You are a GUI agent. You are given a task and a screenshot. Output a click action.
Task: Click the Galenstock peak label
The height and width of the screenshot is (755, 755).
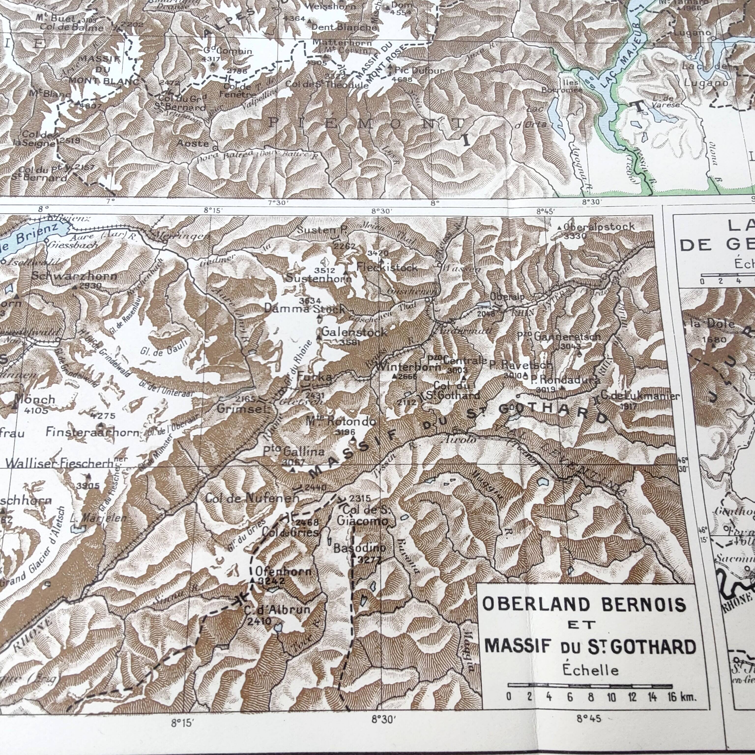click(354, 333)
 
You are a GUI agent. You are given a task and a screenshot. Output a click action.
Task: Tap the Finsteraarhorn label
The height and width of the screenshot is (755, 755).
click(92, 432)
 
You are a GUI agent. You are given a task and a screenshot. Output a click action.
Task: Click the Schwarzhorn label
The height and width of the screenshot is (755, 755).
click(74, 276)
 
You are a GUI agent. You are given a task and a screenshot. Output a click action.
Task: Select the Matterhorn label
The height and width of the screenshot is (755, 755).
click(342, 42)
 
